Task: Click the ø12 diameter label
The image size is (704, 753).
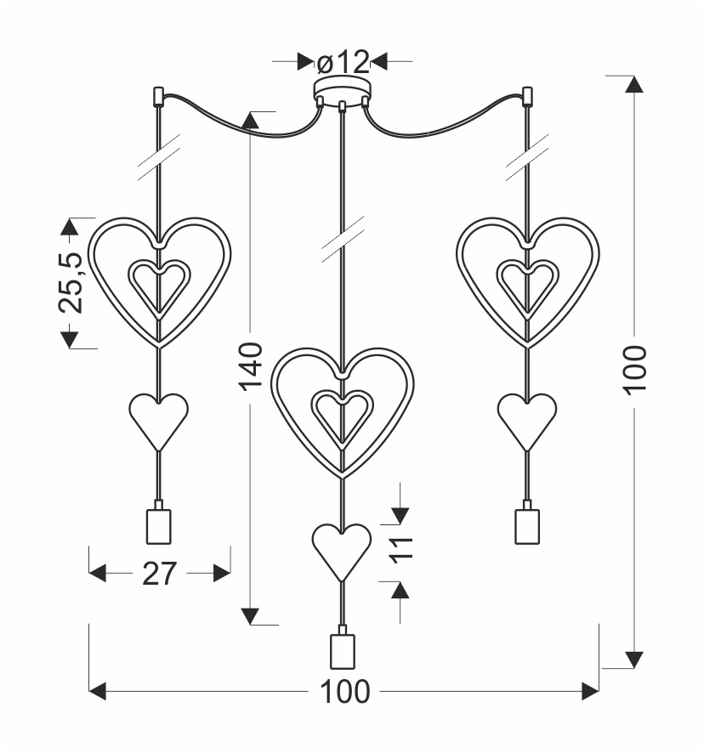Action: click(x=343, y=62)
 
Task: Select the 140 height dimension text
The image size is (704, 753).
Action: click(x=251, y=366)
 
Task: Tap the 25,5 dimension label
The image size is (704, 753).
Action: click(x=71, y=283)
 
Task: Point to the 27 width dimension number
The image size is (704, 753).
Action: click(x=160, y=574)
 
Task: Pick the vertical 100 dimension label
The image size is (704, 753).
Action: click(x=635, y=371)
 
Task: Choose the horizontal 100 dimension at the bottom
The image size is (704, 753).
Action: click(x=344, y=692)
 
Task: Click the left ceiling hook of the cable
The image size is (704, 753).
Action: click(x=158, y=97)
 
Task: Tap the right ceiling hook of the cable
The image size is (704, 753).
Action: click(x=527, y=97)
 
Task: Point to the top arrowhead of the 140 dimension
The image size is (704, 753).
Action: click(x=250, y=121)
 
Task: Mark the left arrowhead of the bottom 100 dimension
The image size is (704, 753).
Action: click(x=98, y=692)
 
